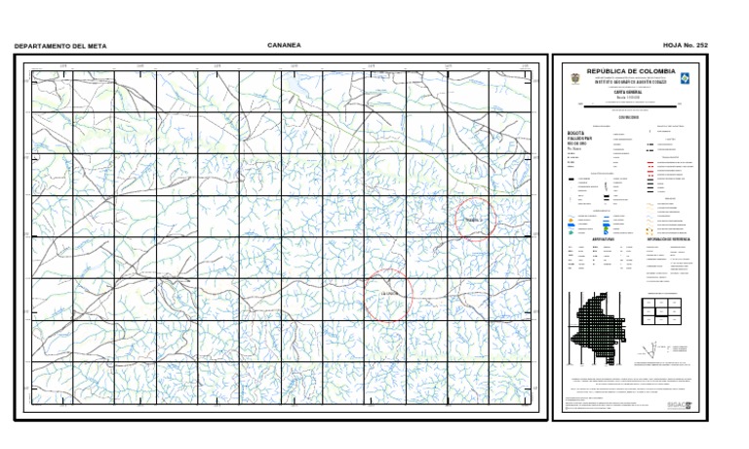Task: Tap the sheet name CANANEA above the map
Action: [284, 45]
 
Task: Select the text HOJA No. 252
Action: [686, 46]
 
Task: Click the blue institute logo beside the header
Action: [684, 77]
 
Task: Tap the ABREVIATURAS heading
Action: [603, 238]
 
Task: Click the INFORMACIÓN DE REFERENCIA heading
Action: [668, 238]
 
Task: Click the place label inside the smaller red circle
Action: [475, 221]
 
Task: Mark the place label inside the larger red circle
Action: [390, 293]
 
